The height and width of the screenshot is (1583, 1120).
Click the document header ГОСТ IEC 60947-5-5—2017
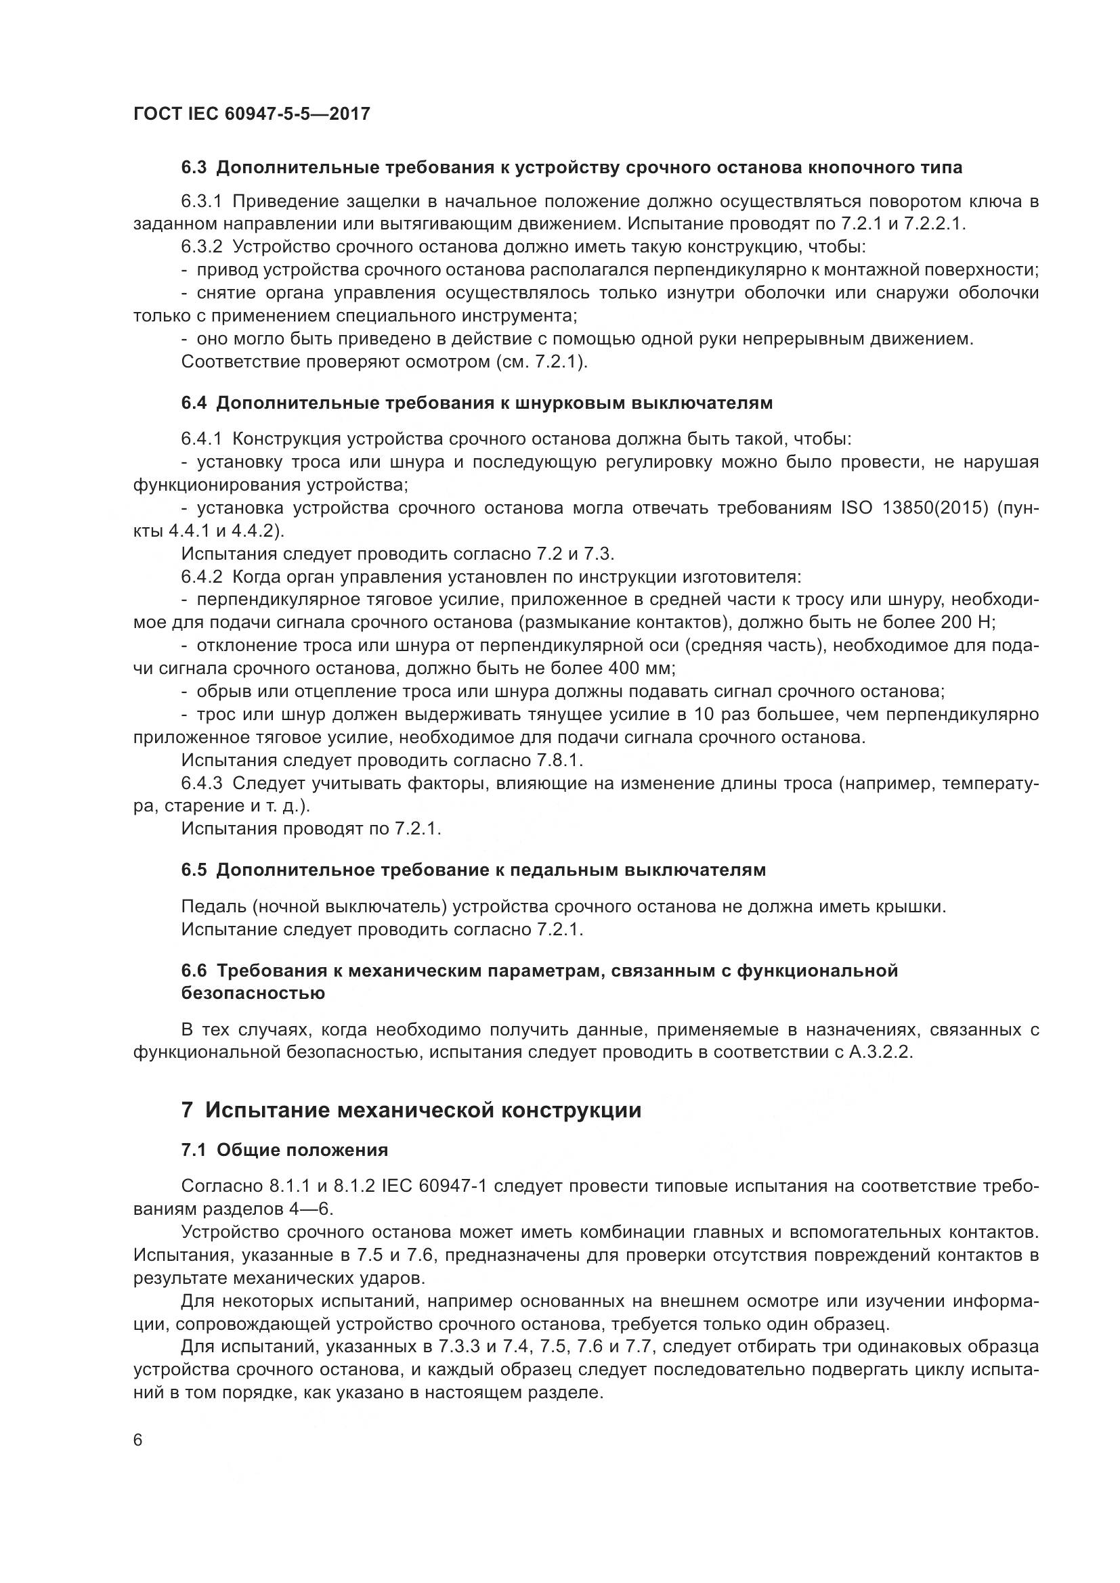pyautogui.click(x=252, y=114)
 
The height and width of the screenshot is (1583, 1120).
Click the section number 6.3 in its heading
pyautogui.click(x=194, y=168)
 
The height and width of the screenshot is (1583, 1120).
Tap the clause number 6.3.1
pyautogui.click(x=201, y=201)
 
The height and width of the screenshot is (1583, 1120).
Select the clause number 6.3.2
pyautogui.click(x=201, y=247)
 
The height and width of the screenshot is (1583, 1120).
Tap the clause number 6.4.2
pyautogui.click(x=201, y=577)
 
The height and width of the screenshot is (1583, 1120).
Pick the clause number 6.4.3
pyautogui.click(x=201, y=783)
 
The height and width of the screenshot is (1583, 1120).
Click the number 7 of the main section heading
pyautogui.click(x=187, y=1111)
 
